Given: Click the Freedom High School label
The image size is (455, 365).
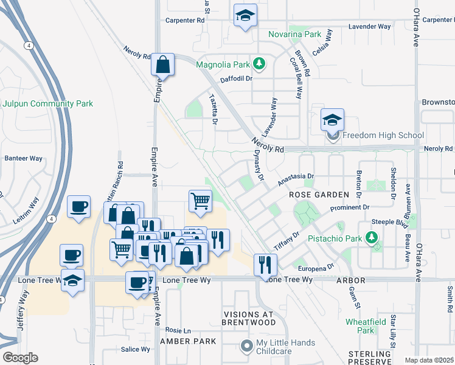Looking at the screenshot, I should tap(383, 135).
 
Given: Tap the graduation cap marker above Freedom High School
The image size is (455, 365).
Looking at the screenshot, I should tap(333, 120).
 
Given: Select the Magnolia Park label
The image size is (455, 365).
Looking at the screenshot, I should tap(223, 64).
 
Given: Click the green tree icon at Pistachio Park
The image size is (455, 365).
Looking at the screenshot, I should tap(371, 238).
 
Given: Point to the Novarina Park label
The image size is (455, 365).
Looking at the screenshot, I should tap(295, 35).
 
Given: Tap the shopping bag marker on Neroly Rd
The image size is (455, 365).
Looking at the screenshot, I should tap(162, 64).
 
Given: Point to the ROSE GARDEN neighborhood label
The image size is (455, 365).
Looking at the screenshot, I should tap(319, 195).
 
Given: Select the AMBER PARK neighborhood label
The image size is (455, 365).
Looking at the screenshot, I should tap(187, 341).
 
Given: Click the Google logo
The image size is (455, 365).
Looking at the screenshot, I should tap(20, 358).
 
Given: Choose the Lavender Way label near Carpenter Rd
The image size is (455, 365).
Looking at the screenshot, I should tap(369, 27).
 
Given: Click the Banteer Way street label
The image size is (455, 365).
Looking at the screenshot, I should tap(24, 158).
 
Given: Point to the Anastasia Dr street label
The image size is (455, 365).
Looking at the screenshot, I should tap(295, 179).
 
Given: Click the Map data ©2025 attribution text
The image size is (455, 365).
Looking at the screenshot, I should tap(429, 360).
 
